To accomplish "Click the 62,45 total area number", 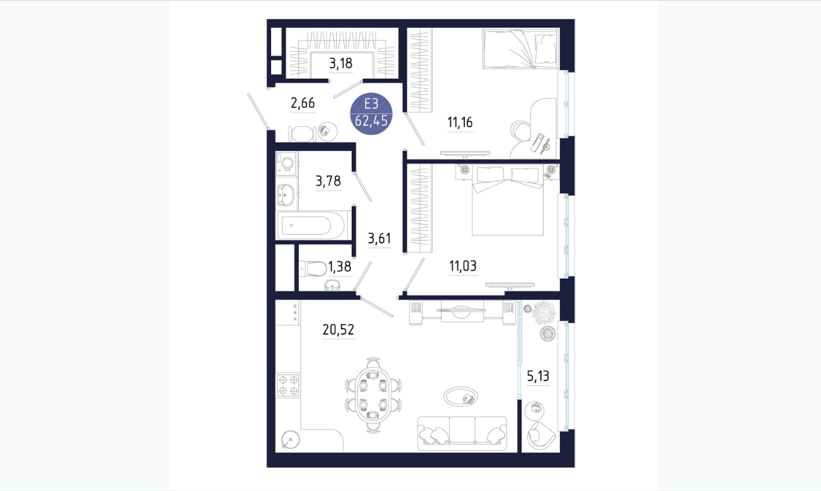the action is tap(371, 120).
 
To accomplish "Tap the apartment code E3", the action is tap(371, 104).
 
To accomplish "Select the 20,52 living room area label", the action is tap(338, 330).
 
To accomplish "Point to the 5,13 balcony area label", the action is tap(538, 376).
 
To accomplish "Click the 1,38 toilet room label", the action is tap(339, 266).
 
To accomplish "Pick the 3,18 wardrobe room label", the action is tap(340, 64).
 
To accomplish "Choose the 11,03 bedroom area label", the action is tap(463, 266).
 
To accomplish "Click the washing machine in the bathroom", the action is tap(286, 162).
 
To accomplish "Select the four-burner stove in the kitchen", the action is tap(288, 385).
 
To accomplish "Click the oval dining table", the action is tap(373, 395).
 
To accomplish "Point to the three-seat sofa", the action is tap(462, 433).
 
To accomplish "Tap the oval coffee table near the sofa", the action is tap(461, 397).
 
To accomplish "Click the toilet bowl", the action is tap(313, 268).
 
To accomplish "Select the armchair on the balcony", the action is tap(541, 436).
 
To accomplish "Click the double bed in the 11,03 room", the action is tap(508, 200).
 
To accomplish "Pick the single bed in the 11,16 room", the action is tap(521, 48).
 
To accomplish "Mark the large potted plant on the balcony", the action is tap(543, 313).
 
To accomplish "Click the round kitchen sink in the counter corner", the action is tap(290, 439).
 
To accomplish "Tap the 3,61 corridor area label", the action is tap(379, 239).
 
